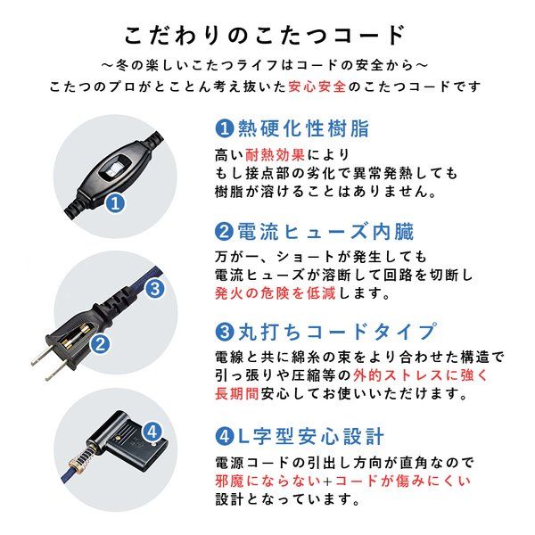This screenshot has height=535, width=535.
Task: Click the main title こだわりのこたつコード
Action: click(x=267, y=36)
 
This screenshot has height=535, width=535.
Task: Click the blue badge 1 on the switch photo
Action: click(x=114, y=202)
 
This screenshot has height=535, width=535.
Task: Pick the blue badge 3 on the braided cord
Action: click(x=152, y=289)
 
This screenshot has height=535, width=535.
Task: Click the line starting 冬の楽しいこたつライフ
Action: click(x=267, y=65)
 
